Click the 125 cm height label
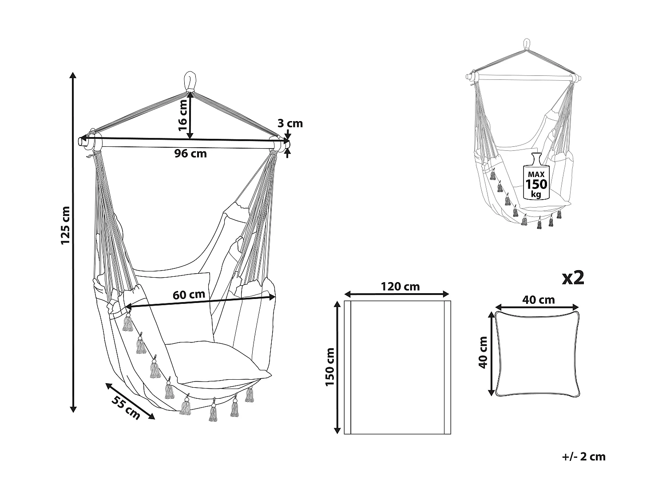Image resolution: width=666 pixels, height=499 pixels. (66, 225)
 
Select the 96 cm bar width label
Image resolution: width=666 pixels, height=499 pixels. (190, 154)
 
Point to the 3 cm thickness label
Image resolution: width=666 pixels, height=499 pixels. (290, 123)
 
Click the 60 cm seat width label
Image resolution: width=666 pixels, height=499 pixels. (189, 294)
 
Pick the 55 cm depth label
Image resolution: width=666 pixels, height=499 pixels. (126, 408)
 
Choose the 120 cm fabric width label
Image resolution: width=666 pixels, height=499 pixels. (400, 287)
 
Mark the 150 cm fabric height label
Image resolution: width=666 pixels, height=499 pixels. (329, 366)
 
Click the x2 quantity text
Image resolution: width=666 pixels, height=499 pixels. (573, 278)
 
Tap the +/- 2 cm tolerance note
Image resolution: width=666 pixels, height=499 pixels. (583, 456)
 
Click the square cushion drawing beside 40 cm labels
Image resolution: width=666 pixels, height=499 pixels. (537, 354)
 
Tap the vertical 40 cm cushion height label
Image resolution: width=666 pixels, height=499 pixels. (484, 352)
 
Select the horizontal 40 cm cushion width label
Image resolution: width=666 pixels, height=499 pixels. (539, 300)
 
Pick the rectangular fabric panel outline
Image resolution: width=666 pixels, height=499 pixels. (397, 367)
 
